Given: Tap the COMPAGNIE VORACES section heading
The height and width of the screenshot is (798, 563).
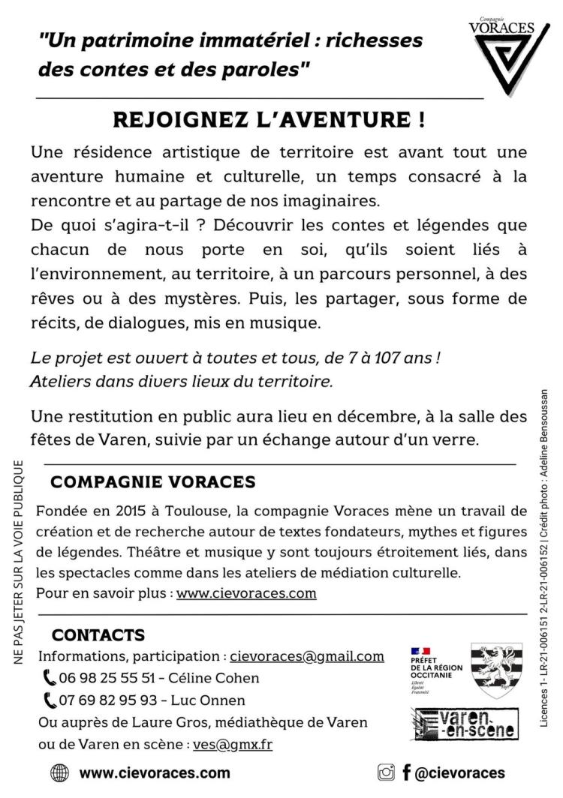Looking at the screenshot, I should point(153,481).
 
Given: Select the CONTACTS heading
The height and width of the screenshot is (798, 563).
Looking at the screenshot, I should point(98,635).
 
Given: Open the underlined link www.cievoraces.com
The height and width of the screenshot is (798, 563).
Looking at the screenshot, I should point(246,593).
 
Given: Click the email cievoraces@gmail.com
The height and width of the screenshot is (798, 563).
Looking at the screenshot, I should point(307,656).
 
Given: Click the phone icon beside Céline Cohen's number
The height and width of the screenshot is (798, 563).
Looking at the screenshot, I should point(50,678).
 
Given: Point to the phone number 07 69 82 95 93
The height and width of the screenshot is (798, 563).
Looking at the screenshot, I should point(109,700).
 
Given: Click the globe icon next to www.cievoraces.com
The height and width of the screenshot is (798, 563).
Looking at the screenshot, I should point(59,773).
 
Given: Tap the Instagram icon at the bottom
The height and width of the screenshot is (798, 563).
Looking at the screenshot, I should point(386,772).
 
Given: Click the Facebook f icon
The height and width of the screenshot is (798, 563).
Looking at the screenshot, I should point(406,772).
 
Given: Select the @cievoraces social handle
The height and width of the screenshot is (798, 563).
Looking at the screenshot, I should point(460,772).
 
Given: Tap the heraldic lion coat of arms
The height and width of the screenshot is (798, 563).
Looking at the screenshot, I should point(496,670).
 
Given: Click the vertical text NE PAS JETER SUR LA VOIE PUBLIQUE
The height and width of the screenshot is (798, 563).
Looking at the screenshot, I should point(18,562).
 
